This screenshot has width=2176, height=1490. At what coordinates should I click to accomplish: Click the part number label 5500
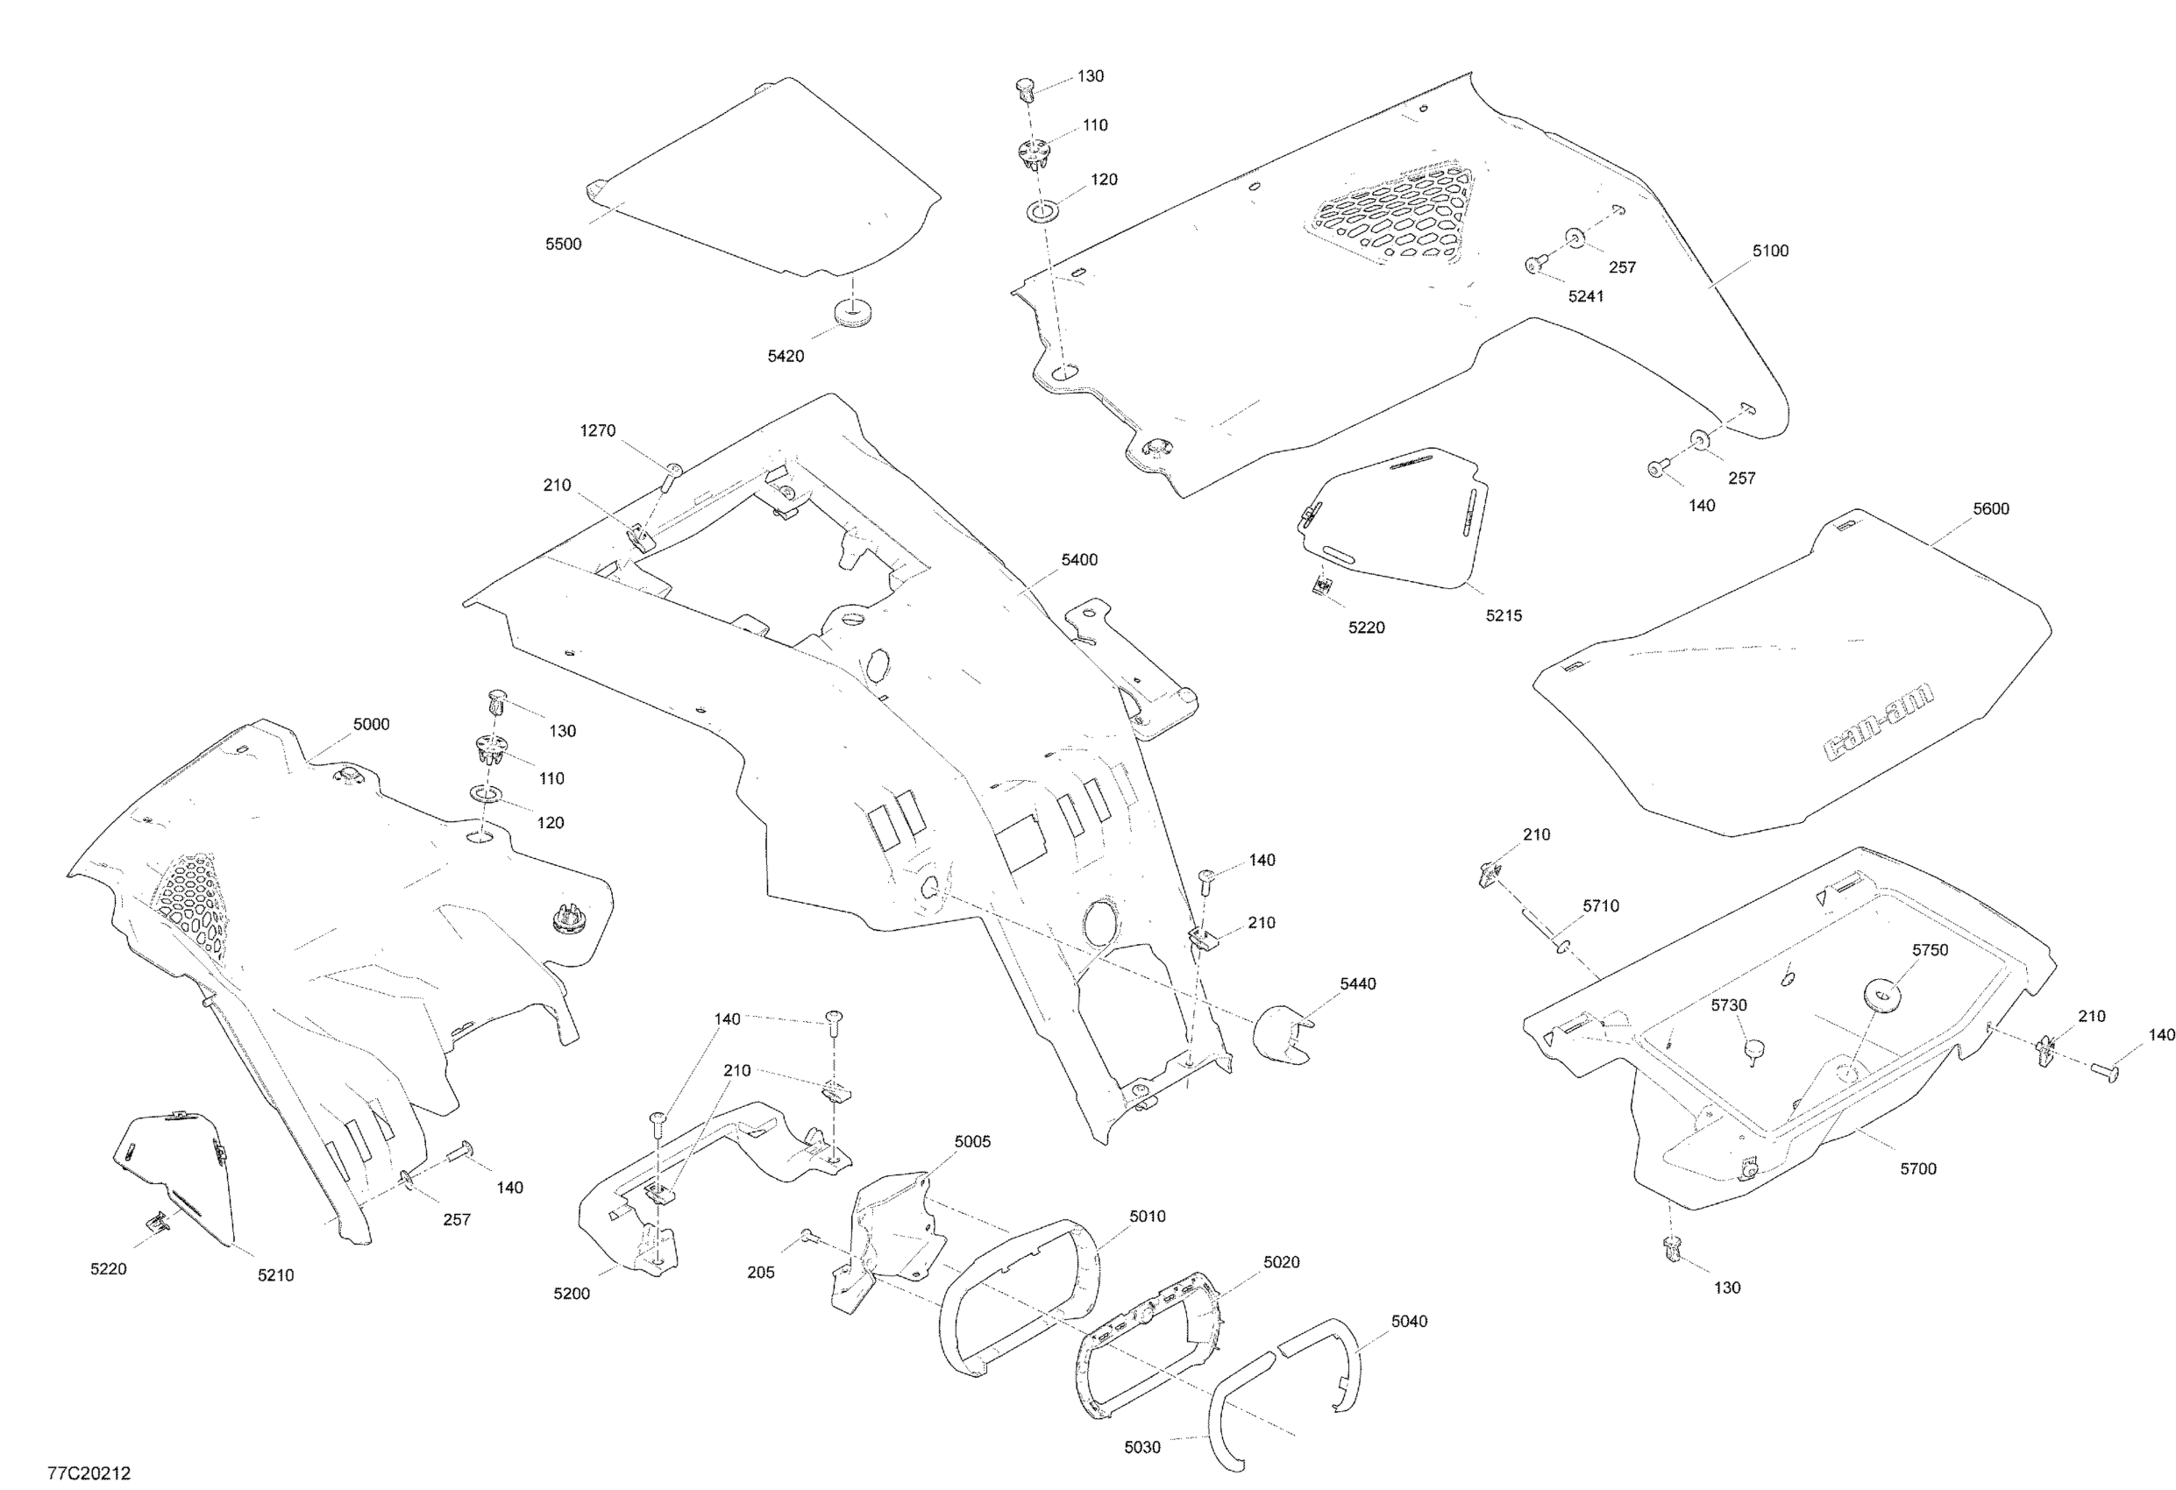tap(563, 245)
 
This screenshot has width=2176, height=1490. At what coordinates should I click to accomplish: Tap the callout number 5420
tap(786, 357)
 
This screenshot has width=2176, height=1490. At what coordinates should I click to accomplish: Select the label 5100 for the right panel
tap(1769, 251)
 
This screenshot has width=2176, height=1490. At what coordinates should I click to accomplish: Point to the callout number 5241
tap(1586, 297)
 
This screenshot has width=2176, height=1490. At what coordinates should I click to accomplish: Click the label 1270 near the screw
tap(597, 430)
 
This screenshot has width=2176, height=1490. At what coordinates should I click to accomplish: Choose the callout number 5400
tap(1078, 560)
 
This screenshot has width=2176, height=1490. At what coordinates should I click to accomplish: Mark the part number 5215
tap(1503, 616)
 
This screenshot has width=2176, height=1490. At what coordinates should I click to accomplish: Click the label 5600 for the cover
tap(1991, 509)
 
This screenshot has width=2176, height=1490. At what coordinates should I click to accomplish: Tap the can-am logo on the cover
tap(1877, 722)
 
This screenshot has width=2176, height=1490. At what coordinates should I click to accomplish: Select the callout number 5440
tap(1358, 983)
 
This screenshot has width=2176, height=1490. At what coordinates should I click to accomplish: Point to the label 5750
tap(1930, 950)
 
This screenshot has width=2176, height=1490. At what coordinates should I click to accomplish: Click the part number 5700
tap(1917, 1169)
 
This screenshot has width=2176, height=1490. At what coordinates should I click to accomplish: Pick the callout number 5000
tap(371, 725)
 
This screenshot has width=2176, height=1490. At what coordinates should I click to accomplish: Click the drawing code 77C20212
tap(89, 1474)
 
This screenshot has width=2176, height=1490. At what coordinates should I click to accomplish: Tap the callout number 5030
tap(1142, 1448)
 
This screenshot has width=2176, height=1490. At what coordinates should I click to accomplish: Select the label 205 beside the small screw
tap(760, 1273)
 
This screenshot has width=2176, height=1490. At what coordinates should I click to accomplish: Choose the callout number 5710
tap(1600, 906)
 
